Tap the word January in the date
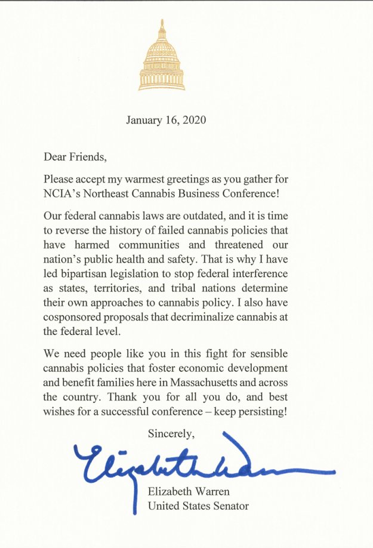[143, 120]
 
